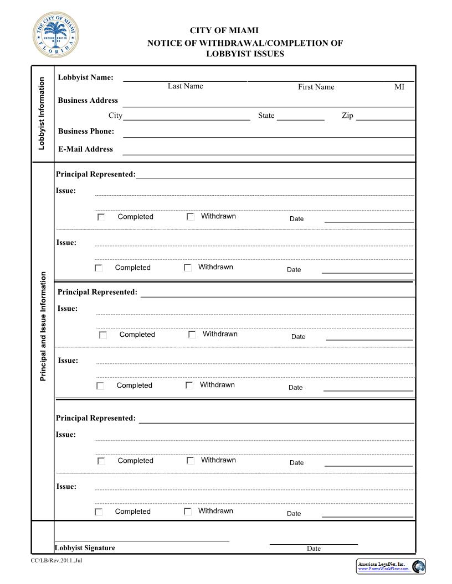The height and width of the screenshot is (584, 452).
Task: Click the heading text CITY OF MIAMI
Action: pyautogui.click(x=224, y=30)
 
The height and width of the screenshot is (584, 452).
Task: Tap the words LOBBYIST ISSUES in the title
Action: pyautogui.click(x=245, y=54)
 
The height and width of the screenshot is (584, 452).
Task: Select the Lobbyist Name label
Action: pyautogui.click(x=85, y=77)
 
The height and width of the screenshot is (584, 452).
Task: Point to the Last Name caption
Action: pyautogui.click(x=185, y=86)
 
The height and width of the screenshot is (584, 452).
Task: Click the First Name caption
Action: pyautogui.click(x=316, y=87)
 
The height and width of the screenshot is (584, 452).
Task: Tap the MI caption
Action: pyautogui.click(x=399, y=87)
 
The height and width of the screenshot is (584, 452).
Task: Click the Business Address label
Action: pyautogui.click(x=88, y=100)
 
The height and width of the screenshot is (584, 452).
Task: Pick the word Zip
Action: pyautogui.click(x=347, y=116)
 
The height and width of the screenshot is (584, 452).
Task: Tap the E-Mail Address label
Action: pyautogui.click(x=85, y=149)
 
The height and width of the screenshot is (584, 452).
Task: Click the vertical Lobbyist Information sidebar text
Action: pyautogui.click(x=42, y=113)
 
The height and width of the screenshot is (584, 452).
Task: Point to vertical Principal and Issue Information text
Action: pyautogui.click(x=43, y=326)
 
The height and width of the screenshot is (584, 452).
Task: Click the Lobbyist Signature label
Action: pyautogui.click(x=85, y=547)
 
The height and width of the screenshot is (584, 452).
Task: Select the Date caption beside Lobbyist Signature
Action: pyautogui.click(x=314, y=549)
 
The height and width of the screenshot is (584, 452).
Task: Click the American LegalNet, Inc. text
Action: pyautogui.click(x=382, y=564)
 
